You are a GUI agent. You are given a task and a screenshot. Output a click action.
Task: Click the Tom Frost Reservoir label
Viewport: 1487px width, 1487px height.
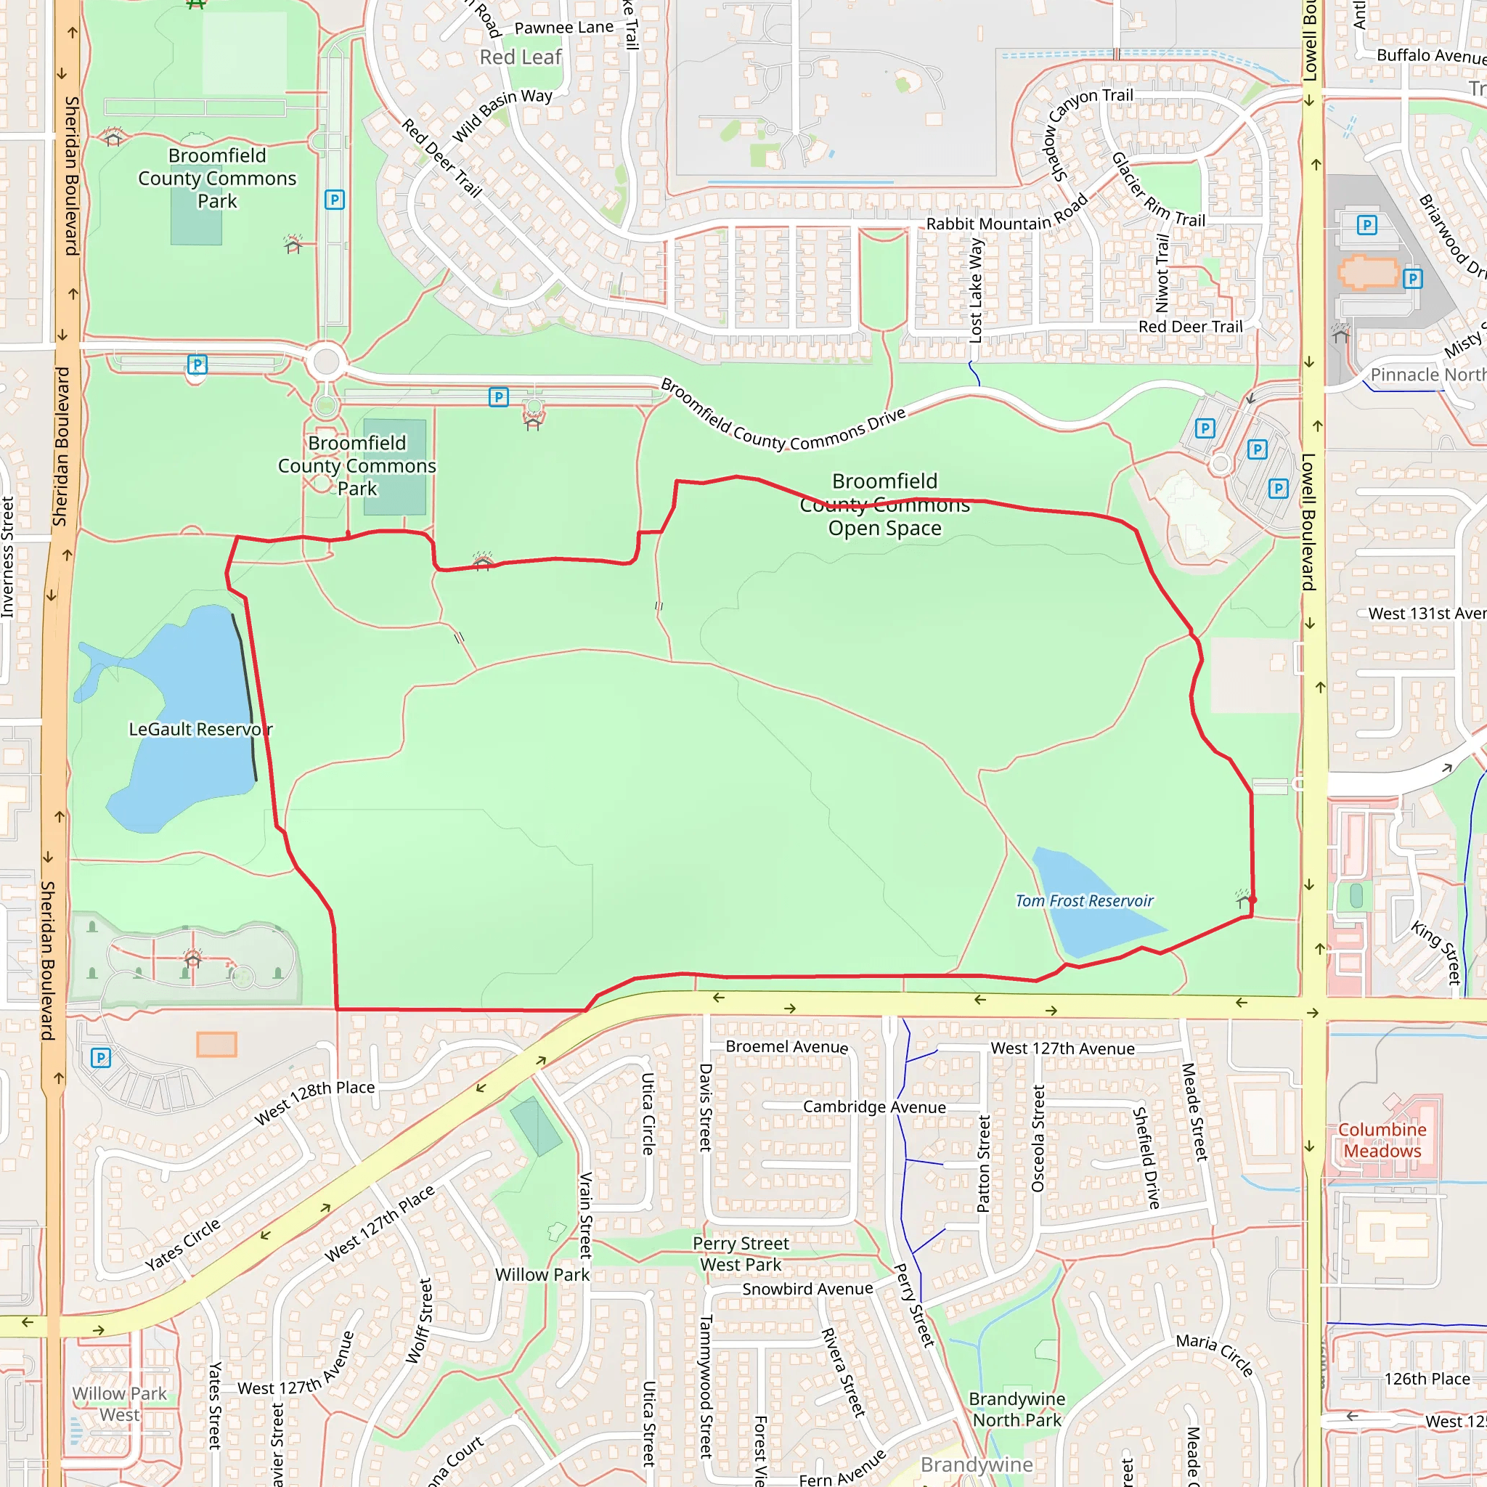(1084, 900)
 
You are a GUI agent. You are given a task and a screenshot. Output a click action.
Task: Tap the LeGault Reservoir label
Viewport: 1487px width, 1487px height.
(200, 729)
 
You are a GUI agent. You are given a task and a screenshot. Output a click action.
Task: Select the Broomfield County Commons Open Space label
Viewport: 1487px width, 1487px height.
(884, 505)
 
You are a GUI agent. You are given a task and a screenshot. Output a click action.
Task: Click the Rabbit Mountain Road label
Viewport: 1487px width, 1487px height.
(1007, 214)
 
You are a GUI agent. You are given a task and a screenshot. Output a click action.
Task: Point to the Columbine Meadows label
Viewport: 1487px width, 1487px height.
(1382, 1140)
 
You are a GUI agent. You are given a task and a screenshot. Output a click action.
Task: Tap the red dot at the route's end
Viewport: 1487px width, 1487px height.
(1253, 900)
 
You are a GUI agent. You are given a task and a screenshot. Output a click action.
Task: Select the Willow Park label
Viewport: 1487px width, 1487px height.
(542, 1274)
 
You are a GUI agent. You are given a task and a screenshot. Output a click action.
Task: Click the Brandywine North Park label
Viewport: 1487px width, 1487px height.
(1017, 1409)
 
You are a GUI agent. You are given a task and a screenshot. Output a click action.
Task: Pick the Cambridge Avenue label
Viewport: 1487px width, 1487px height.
(874, 1107)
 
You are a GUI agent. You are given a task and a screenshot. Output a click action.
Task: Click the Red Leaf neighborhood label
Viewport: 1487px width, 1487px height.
(521, 58)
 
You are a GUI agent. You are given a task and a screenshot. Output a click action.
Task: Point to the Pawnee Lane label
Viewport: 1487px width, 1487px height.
(563, 28)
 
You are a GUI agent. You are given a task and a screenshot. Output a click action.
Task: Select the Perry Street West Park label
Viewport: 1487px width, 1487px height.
(741, 1254)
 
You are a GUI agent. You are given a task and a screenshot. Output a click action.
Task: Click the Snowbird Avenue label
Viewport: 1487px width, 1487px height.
(807, 1290)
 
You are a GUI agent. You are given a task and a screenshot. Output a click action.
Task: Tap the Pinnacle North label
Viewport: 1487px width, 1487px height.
(1427, 375)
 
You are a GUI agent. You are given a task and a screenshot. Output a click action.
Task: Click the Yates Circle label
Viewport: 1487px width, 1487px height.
(182, 1244)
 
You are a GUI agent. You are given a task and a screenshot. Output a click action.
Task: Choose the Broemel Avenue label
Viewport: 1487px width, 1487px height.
(786, 1047)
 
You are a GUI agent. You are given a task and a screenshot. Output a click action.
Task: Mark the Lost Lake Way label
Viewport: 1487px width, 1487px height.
(976, 290)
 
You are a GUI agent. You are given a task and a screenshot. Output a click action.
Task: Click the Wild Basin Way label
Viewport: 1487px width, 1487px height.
(502, 115)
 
